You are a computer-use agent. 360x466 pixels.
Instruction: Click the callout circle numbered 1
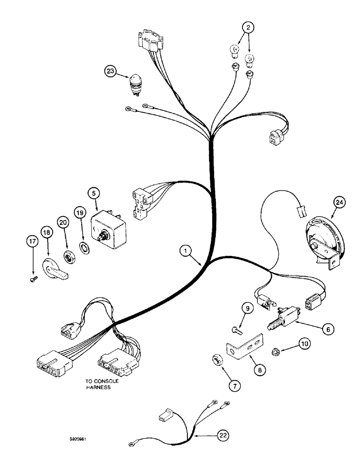pos(187,252)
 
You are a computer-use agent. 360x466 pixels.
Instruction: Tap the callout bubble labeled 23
pos(110,71)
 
